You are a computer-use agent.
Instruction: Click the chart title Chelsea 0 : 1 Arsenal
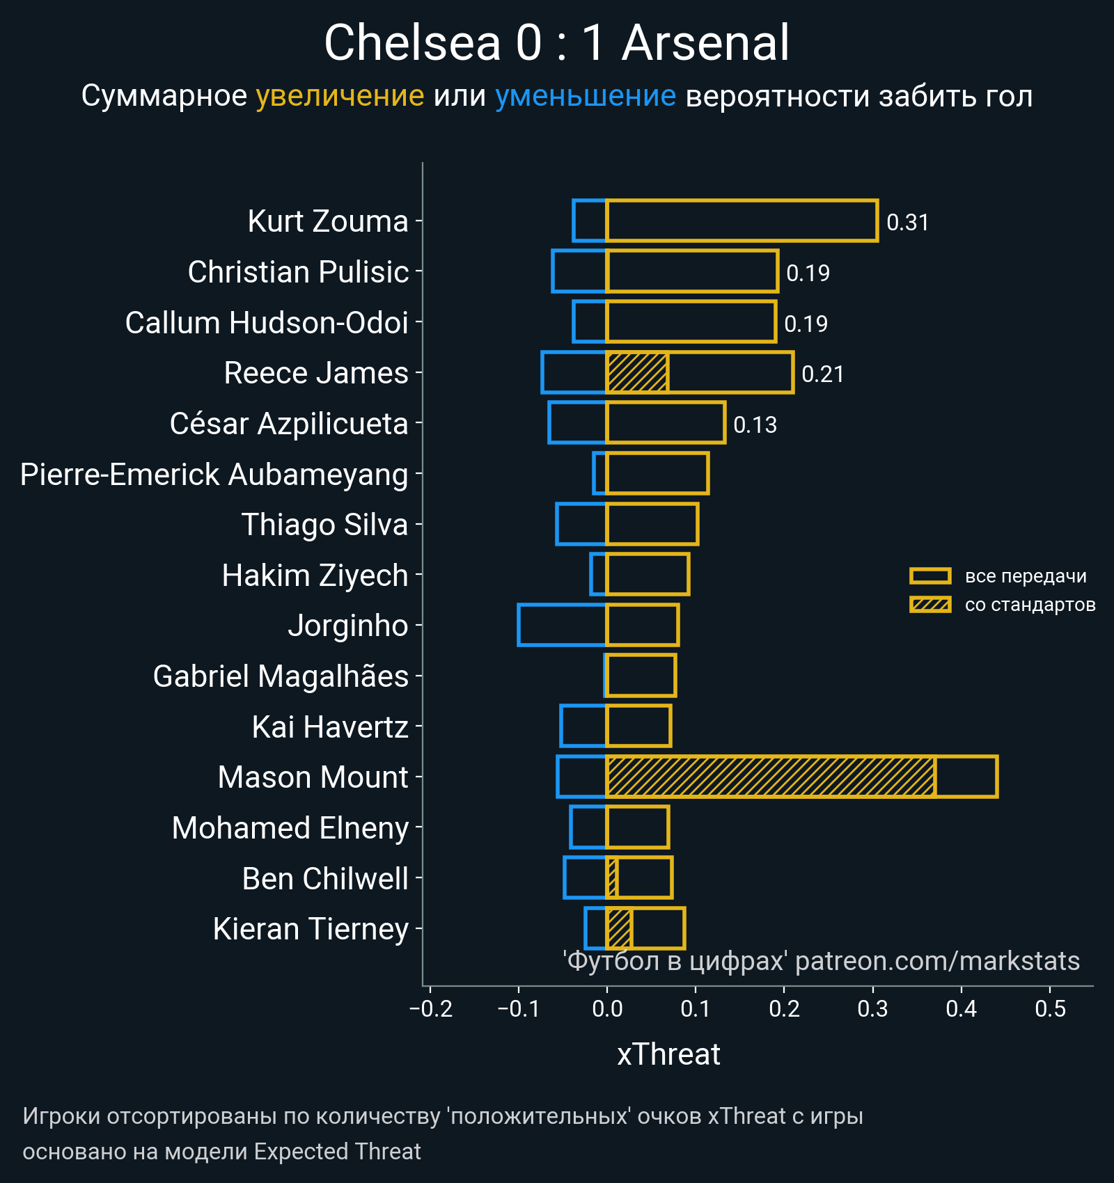pyautogui.click(x=556, y=43)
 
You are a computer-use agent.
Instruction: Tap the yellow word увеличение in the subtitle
pyautogui.click(x=340, y=96)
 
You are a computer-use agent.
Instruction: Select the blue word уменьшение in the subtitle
pyautogui.click(x=585, y=96)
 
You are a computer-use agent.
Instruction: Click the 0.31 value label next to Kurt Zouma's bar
pyautogui.click(x=907, y=223)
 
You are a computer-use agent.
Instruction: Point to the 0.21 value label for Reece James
pyautogui.click(x=822, y=374)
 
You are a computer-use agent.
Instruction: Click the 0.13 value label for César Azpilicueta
pyautogui.click(x=755, y=425)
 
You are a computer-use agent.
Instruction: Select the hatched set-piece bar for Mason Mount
pyautogui.click(x=770, y=777)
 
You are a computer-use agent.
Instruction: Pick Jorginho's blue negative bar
pyautogui.click(x=562, y=625)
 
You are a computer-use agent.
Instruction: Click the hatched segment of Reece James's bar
pyautogui.click(x=637, y=373)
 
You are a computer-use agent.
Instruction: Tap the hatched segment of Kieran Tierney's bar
pyautogui.click(x=619, y=928)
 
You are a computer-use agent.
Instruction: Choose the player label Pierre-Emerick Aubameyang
pyautogui.click(x=214, y=475)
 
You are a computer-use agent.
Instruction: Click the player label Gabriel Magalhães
pyautogui.click(x=280, y=676)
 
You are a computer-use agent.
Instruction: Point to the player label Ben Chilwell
pyautogui.click(x=324, y=879)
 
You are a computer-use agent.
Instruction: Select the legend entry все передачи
pyautogui.click(x=1025, y=576)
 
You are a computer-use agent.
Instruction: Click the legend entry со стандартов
pyautogui.click(x=1030, y=605)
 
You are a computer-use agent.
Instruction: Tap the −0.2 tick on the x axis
pyautogui.click(x=431, y=1009)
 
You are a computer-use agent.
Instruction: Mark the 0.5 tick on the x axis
pyautogui.click(x=1050, y=1009)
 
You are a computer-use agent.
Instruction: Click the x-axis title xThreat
pyautogui.click(x=668, y=1054)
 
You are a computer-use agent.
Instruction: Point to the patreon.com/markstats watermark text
pyautogui.click(x=937, y=961)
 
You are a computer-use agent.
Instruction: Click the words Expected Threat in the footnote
pyautogui.click(x=337, y=1152)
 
